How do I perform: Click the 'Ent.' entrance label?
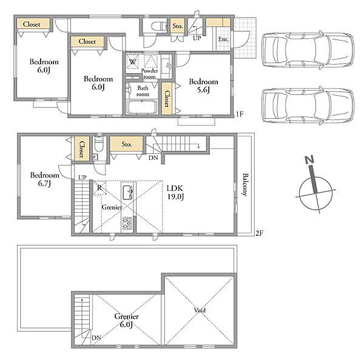pyautogui.click(x=223, y=39)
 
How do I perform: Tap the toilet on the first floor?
pyautogui.click(x=160, y=26)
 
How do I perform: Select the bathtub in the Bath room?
pyautogui.click(x=141, y=107)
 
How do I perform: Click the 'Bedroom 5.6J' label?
pyautogui.click(x=203, y=85)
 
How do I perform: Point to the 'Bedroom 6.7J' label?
pyautogui.click(x=44, y=179)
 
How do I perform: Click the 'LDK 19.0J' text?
pyautogui.click(x=175, y=192)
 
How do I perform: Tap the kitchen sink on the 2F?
pyautogui.click(x=127, y=192)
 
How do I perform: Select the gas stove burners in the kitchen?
pyautogui.click(x=127, y=223)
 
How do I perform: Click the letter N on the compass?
pyautogui.click(x=309, y=160)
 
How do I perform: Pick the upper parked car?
pyautogui.click(x=308, y=50)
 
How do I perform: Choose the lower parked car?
pyautogui.click(x=308, y=106)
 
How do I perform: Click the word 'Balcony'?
pyautogui.click(x=245, y=185)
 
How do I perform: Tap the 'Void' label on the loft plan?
pyautogui.click(x=200, y=310)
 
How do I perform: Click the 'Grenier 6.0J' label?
pyautogui.click(x=127, y=320)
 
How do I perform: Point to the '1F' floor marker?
pyautogui.click(x=240, y=114)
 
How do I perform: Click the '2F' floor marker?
pyautogui.click(x=259, y=233)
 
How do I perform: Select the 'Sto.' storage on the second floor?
pyautogui.click(x=127, y=144)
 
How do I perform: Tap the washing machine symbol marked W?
pyautogui.click(x=132, y=62)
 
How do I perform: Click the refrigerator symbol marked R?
pyautogui.click(x=99, y=187)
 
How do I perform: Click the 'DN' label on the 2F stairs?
pyautogui.click(x=153, y=158)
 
